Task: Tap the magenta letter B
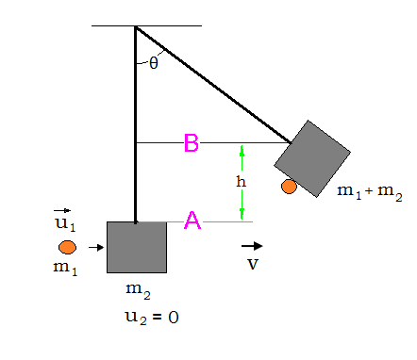pyautogui.click(x=191, y=143)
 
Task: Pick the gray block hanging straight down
pyautogui.click(x=137, y=247)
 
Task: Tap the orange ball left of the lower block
pyautogui.click(x=67, y=248)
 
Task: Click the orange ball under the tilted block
pyautogui.click(x=289, y=187)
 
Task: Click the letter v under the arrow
pyautogui.click(x=252, y=264)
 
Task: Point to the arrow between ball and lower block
pyautogui.click(x=95, y=248)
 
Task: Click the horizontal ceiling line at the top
pyautogui.click(x=147, y=25)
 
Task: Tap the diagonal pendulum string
pyautogui.click(x=212, y=84)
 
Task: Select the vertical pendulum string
pyautogui.click(x=135, y=123)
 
